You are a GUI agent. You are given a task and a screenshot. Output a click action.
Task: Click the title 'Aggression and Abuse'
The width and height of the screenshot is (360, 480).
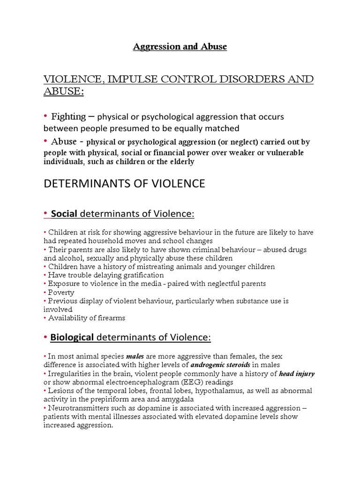[x=180, y=47]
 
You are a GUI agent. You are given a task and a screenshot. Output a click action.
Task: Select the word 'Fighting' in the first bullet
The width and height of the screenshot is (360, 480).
[x=68, y=116]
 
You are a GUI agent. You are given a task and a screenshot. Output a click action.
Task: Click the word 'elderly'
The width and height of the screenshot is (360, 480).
[x=180, y=162]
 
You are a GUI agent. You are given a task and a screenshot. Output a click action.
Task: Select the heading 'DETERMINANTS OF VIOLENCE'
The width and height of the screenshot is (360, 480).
[x=124, y=184]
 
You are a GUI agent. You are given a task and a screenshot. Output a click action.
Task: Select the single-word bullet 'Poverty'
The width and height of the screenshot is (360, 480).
[x=61, y=292]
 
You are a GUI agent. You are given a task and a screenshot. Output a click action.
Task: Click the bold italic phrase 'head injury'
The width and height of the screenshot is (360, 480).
[x=297, y=374]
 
